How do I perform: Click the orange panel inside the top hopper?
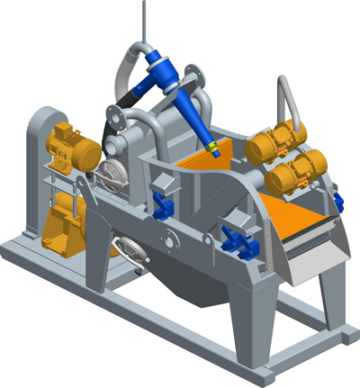coord(200,162)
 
